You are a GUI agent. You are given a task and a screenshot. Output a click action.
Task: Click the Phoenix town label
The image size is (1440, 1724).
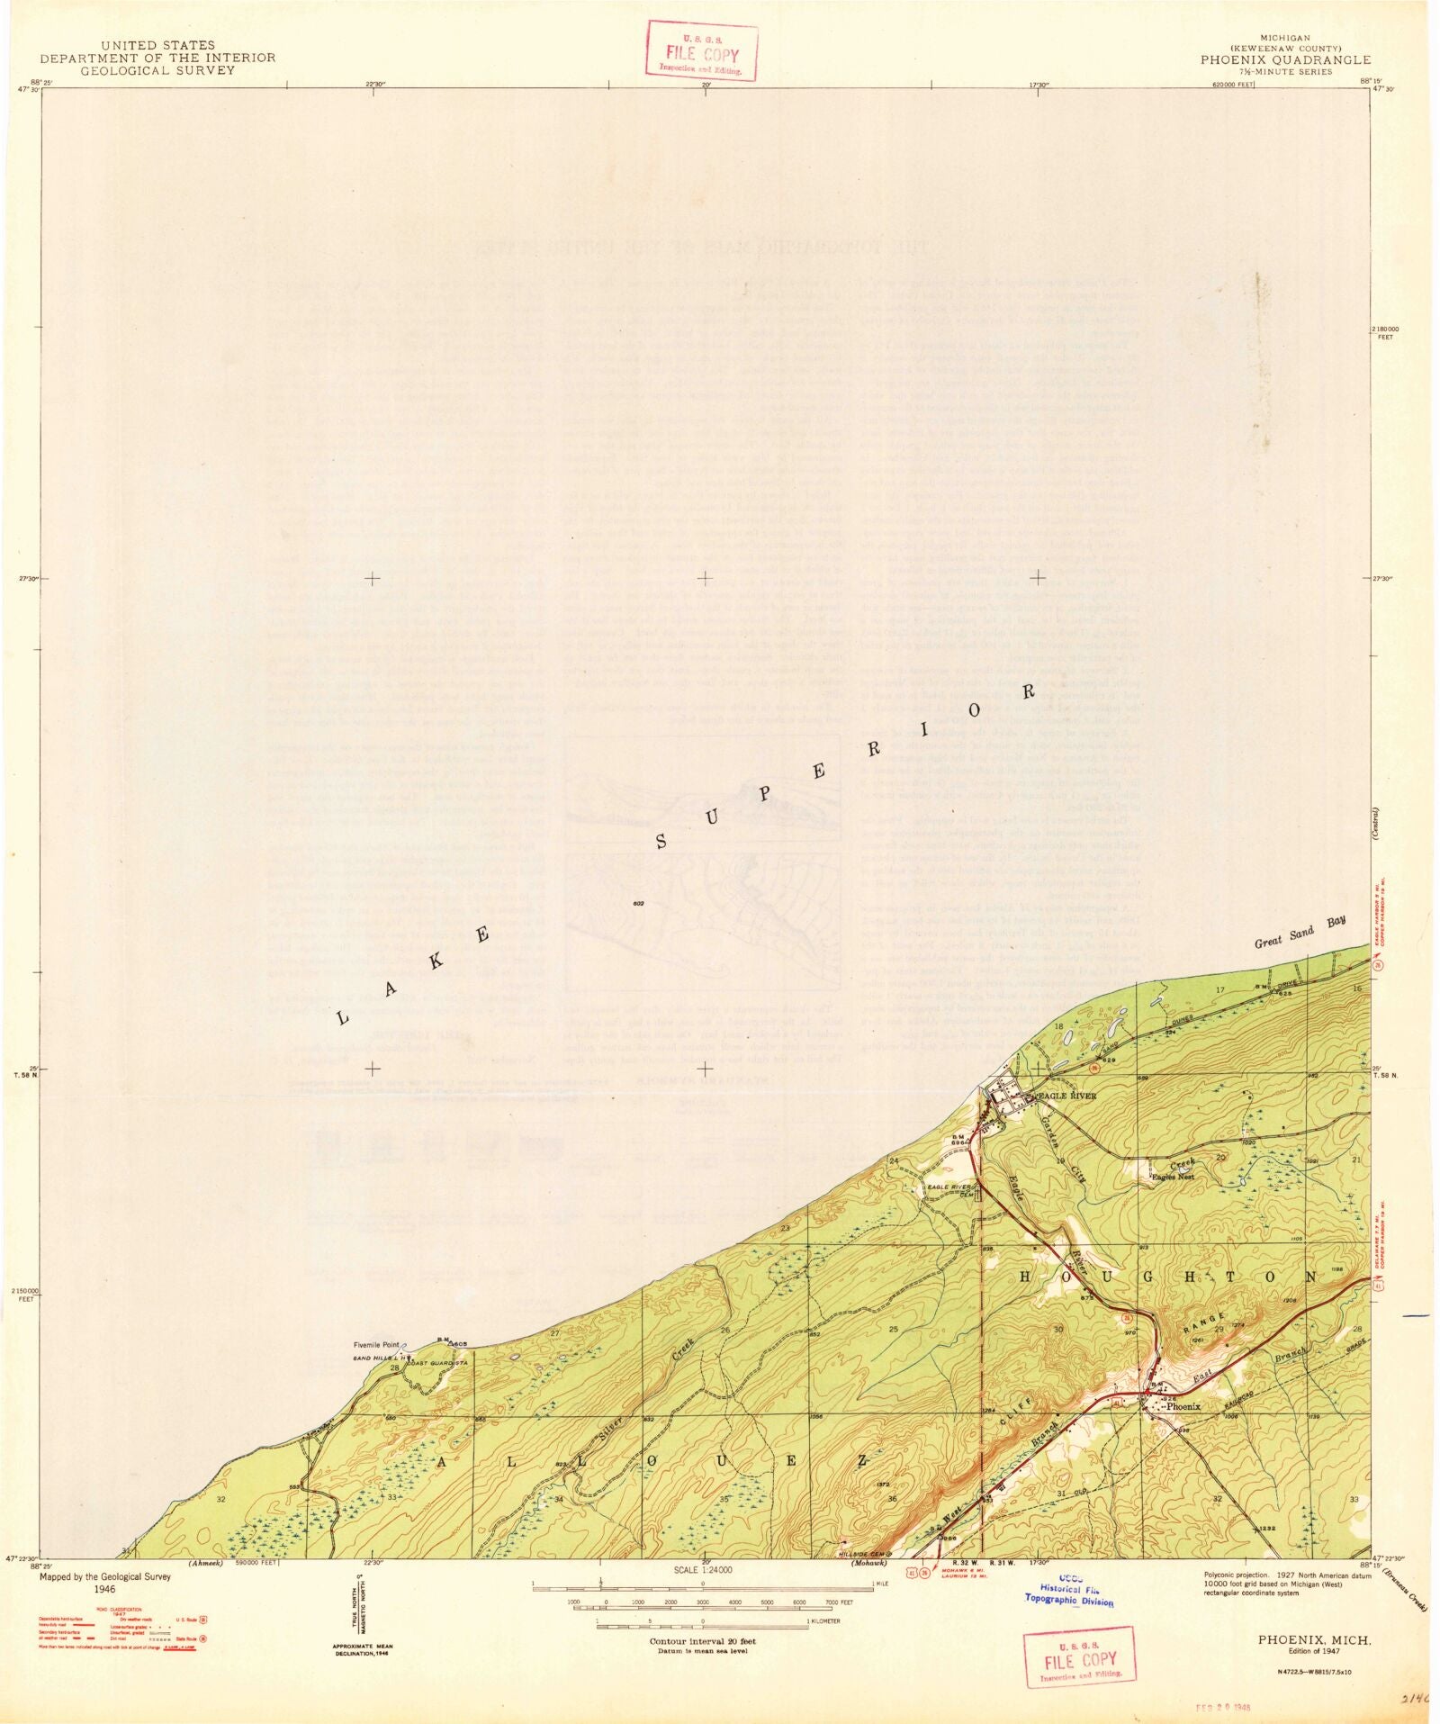point(1183,1406)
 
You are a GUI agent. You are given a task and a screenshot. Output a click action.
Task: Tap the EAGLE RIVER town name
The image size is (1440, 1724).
point(1068,1096)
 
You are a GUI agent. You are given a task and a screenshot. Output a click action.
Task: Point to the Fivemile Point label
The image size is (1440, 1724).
point(375,1346)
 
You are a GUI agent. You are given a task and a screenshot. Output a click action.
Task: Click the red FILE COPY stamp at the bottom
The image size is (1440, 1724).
point(1080,1659)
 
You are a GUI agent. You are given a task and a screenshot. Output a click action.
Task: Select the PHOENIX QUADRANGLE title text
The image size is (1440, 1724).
point(1284,60)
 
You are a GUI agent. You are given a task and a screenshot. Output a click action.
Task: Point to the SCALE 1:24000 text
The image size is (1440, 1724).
point(703,1570)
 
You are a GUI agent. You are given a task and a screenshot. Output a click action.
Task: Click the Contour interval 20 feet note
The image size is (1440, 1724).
point(703,1641)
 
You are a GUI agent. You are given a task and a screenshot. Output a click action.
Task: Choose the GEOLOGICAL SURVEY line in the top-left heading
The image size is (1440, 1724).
point(157,70)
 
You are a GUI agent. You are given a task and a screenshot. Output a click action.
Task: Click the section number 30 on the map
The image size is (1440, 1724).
point(1058,1329)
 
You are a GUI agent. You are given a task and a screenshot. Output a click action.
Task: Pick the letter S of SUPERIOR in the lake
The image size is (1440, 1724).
point(661,843)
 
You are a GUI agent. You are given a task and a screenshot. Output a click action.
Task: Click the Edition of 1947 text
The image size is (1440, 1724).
point(1315,1651)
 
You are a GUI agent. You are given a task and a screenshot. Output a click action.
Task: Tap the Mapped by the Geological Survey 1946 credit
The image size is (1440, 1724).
point(92,1584)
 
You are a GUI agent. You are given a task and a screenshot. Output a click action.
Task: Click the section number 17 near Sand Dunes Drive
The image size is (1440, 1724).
point(1220,990)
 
